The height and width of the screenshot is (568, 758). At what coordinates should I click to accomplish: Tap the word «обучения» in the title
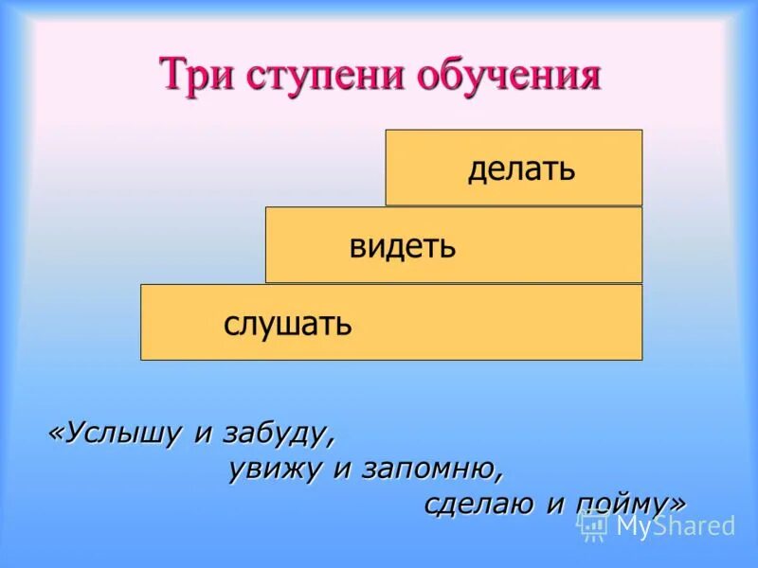[x=508, y=75]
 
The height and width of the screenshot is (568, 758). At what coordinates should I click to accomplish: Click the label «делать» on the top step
[x=521, y=169]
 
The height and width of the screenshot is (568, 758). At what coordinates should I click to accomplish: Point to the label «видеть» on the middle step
[x=403, y=247]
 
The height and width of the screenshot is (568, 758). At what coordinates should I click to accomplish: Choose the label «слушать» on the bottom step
[x=288, y=325]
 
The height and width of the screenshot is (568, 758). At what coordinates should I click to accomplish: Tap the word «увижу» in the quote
[x=276, y=470]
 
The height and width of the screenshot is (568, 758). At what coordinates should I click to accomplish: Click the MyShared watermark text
[x=675, y=526]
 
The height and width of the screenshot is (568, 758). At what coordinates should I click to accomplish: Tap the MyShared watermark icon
[x=593, y=524]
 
